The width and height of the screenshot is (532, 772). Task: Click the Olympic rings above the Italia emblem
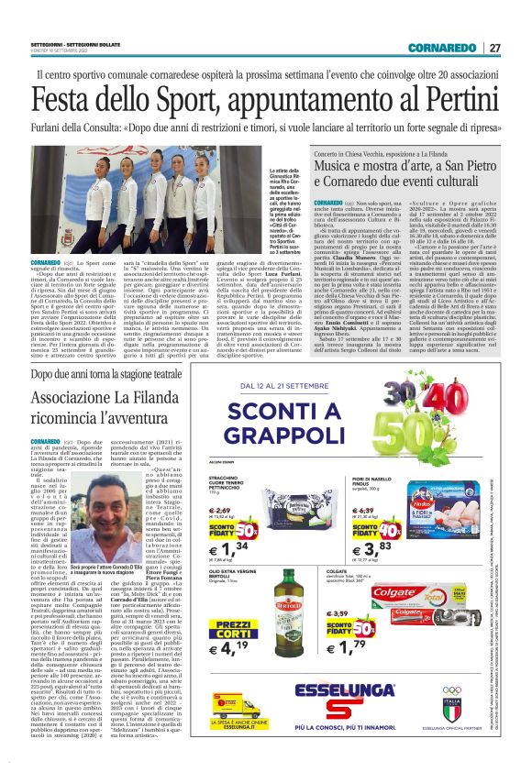click(x=477, y=668)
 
